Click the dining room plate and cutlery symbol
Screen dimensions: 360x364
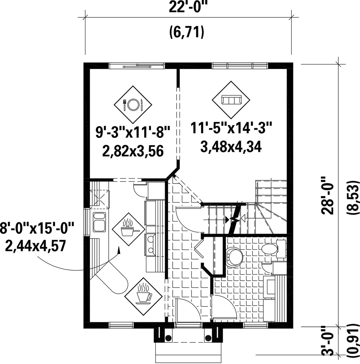pos(133,105)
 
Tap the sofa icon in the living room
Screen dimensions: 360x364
pos(231,100)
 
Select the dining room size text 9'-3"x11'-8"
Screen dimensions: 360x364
pos(133,132)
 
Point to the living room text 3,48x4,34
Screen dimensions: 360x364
pos(231,147)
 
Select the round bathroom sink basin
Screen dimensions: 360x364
pos(234,257)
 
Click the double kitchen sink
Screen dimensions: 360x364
pos(99,222)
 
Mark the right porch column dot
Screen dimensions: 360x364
pos(208,338)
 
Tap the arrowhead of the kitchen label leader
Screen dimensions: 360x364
pos(119,250)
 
